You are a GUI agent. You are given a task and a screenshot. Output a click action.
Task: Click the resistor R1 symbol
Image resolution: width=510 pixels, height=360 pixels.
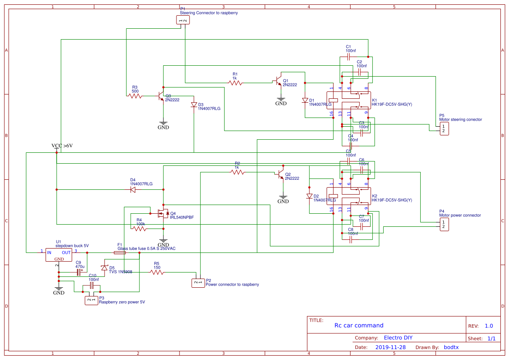tap(235, 82)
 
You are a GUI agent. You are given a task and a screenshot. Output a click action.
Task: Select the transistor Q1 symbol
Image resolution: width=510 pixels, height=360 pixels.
tap(278, 81)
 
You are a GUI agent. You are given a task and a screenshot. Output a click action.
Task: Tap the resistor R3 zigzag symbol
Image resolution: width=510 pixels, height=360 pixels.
tap(135, 96)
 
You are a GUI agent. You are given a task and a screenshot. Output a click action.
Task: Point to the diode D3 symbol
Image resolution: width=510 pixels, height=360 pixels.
tap(194, 105)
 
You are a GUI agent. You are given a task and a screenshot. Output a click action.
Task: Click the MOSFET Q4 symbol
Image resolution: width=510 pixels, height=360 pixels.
tap(163, 213)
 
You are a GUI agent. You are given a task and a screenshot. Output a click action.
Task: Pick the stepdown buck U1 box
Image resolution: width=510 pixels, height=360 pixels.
tap(58, 254)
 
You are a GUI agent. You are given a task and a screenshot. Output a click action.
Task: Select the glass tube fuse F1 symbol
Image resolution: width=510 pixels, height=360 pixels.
tap(120, 252)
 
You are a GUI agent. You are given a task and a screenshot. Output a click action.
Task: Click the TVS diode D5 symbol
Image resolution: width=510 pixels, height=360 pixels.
tap(104, 267)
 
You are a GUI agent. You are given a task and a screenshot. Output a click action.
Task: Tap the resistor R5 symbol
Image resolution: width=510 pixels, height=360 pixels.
tap(157, 273)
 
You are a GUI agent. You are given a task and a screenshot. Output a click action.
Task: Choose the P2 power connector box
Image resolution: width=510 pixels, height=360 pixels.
tap(198, 283)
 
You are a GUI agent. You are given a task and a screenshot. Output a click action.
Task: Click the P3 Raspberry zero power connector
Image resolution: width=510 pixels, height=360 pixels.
tap(91, 300)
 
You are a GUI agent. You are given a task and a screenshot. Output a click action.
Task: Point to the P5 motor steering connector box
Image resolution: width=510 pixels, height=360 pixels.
tap(444, 128)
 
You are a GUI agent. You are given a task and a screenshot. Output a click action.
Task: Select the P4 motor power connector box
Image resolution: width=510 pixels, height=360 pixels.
tap(444, 225)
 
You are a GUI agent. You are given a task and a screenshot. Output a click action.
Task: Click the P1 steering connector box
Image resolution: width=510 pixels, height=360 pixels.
tap(183, 20)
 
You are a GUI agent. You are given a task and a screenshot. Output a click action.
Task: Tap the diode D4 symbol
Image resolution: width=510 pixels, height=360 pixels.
tap(133, 190)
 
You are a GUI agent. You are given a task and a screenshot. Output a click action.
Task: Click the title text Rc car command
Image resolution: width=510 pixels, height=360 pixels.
tap(359, 325)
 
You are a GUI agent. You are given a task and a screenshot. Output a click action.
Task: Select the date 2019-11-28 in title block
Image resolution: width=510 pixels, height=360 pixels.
tap(390, 347)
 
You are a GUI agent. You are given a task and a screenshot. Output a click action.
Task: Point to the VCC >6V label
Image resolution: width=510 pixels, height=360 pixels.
tap(62, 145)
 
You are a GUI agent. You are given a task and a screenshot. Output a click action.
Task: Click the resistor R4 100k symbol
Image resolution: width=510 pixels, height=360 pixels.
tap(139, 229)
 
